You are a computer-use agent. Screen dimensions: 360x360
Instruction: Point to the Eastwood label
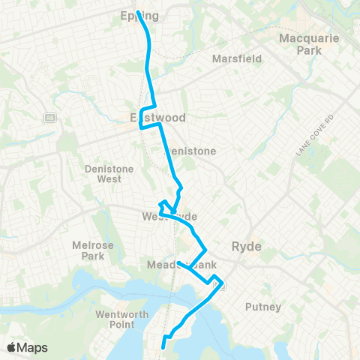tap(157, 118)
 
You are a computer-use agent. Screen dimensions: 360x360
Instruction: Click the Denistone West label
tap(109, 174)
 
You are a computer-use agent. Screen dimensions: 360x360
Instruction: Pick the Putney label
tap(263, 307)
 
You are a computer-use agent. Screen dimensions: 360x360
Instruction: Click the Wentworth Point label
tap(116, 319)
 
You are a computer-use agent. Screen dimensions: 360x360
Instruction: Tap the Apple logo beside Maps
tap(12, 347)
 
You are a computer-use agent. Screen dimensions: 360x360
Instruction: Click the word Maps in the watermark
tap(34, 347)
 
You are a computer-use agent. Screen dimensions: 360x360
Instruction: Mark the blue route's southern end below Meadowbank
tap(164, 346)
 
